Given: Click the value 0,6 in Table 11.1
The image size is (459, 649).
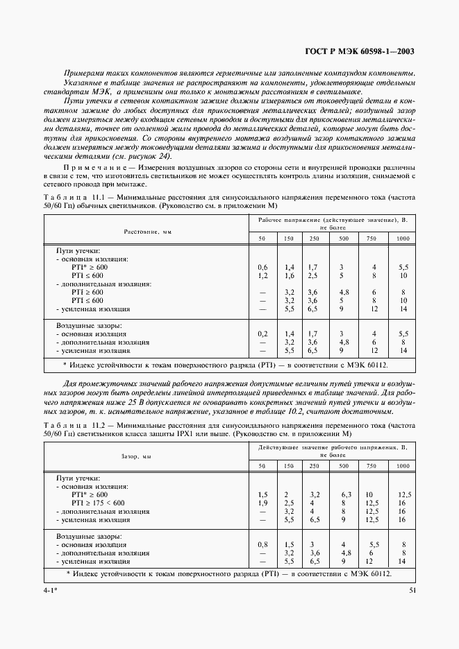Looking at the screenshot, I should coord(262,267).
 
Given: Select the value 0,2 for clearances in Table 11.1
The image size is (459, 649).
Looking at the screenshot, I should coord(262,334).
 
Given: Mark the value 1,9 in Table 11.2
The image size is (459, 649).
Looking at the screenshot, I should coord(262,503).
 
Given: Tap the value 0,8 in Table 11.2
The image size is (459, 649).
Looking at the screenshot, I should coord(262,545).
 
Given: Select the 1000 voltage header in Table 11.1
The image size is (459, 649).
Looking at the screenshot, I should coord(403,239).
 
